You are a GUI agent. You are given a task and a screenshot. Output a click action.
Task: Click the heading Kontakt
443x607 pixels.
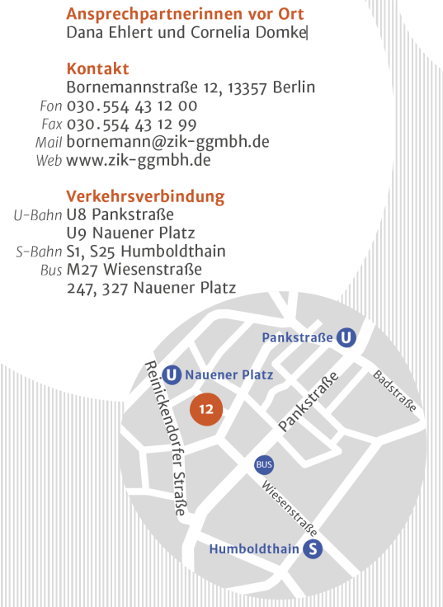coord(97,68)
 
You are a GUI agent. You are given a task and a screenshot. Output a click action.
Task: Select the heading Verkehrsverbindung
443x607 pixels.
coord(145,196)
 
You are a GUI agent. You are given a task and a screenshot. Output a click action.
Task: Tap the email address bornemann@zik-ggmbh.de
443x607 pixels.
coord(167,142)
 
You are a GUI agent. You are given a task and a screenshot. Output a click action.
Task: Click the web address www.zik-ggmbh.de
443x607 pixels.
coord(138,160)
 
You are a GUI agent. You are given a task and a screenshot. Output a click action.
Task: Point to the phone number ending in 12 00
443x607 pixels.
coord(131,106)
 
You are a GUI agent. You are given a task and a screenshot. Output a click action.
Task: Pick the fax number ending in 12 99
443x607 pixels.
coord(131,124)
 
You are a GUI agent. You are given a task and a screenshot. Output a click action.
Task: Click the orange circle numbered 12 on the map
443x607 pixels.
coord(206,409)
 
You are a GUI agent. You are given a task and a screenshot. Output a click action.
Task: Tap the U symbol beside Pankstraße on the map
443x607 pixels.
coord(347,337)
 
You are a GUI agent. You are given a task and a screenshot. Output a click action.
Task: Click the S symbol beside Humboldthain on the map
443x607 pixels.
coord(313,549)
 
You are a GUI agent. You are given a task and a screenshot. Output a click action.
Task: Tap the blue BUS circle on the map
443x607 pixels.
coord(264,465)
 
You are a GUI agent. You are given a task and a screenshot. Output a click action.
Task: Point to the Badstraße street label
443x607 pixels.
coord(395,390)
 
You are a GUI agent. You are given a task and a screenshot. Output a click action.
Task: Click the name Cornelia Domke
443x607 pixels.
coord(260,33)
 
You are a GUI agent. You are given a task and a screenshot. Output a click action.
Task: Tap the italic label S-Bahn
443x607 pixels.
coord(39,252)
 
